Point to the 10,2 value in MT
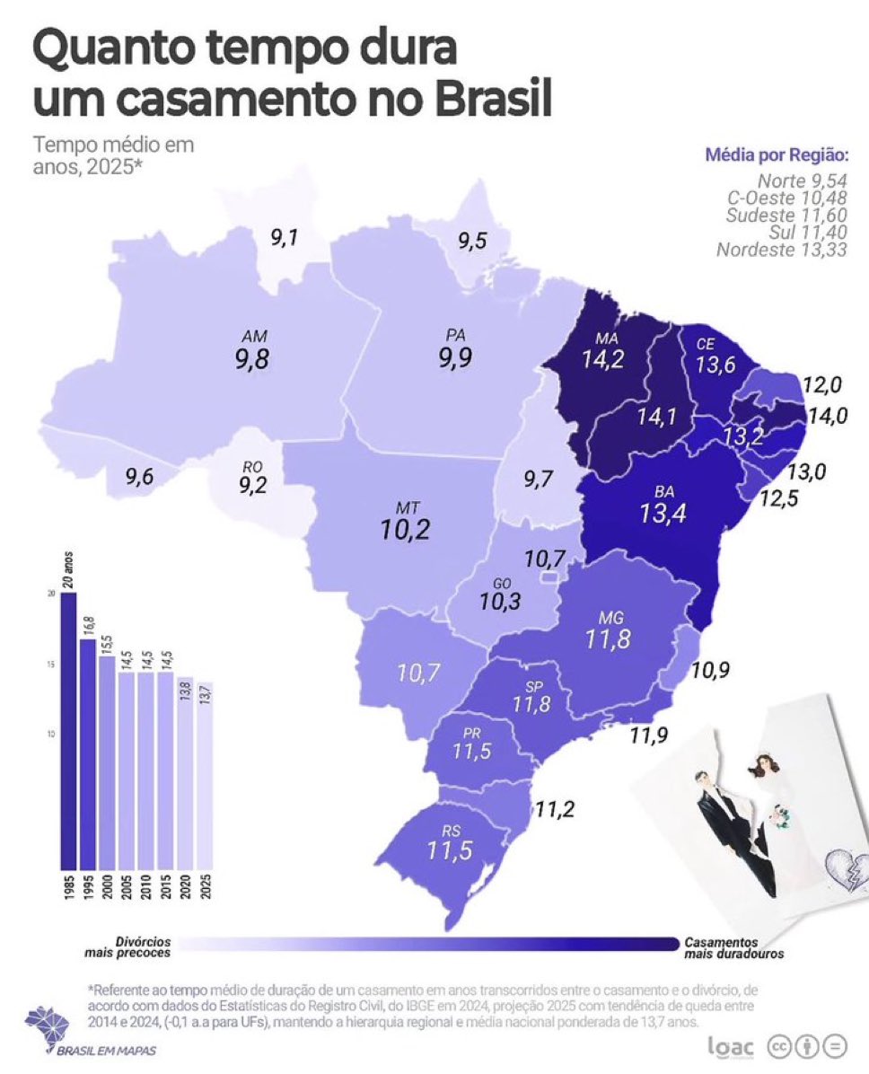tap(404, 530)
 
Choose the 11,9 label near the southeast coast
tap(650, 736)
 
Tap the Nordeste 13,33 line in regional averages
tap(781, 250)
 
